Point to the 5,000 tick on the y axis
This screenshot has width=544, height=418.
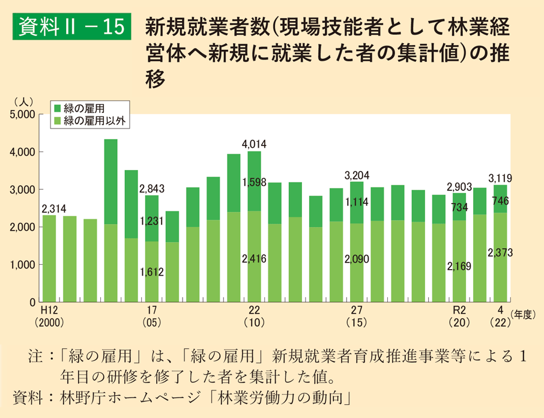click(23, 114)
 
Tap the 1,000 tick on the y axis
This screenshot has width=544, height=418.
click(23, 265)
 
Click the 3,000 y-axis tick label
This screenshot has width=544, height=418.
click(23, 190)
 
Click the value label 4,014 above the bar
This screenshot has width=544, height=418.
click(254, 144)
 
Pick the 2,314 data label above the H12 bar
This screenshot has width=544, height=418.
click(53, 208)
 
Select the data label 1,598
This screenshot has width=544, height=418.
click(254, 182)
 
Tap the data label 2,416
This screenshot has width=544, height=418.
click(254, 259)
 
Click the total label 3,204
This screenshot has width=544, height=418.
click(356, 175)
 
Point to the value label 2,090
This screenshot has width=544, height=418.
click(356, 259)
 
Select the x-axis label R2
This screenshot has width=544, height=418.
click(459, 310)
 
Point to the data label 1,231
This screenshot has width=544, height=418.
click(151, 222)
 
